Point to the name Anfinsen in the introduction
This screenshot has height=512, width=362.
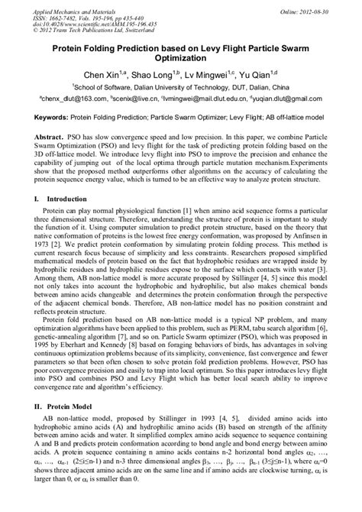coord(305,247)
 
